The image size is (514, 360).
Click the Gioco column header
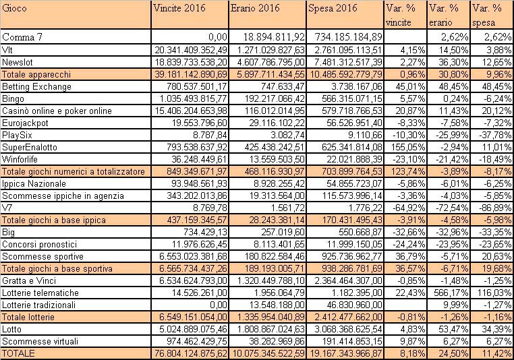[14, 8]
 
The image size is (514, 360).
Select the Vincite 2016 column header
[179, 8]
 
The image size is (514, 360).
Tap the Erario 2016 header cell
[255, 8]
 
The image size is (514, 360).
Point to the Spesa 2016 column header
[333, 8]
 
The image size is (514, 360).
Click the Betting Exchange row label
[36, 87]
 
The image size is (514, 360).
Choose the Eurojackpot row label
[25, 123]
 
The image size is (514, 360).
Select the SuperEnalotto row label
[30, 148]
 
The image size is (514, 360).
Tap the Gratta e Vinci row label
[29, 280]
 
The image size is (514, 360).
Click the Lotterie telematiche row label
[40, 293]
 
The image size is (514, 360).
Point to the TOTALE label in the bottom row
[18, 353]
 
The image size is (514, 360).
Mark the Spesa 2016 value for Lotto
[345, 329]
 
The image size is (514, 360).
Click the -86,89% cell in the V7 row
[495, 208]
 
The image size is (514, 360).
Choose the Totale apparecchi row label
[36, 75]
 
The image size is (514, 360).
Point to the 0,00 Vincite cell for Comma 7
[218, 37]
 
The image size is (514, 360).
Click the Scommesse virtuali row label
[40, 342]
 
